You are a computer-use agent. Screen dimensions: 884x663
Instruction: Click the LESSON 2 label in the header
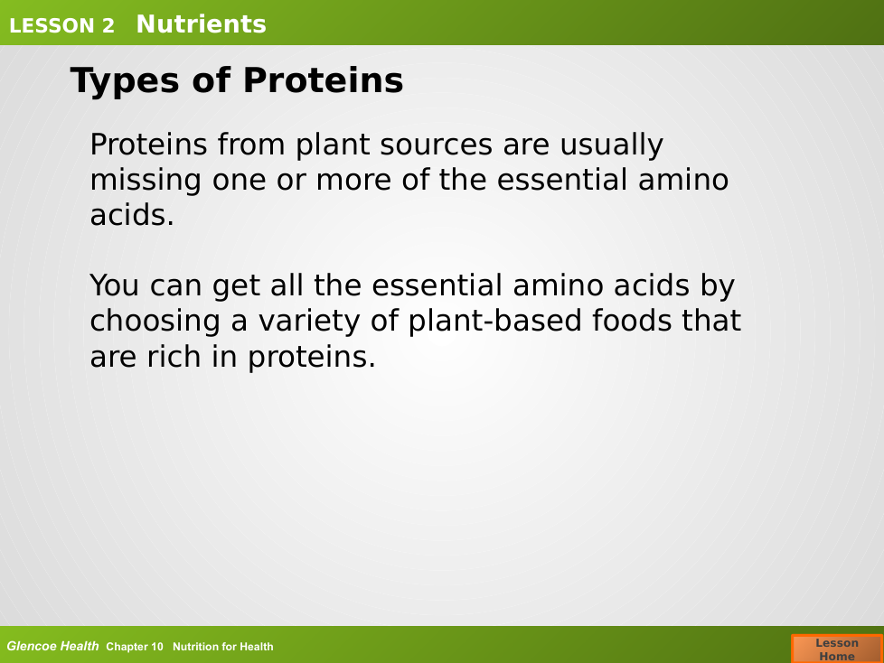[61, 25]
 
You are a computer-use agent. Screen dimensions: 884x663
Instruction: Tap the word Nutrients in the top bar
[201, 24]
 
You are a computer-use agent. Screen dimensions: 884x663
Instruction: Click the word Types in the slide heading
[125, 81]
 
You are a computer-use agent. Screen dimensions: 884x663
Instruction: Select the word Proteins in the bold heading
[323, 80]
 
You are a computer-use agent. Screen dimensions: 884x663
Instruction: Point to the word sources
[437, 145]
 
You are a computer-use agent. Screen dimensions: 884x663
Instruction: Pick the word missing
[146, 182]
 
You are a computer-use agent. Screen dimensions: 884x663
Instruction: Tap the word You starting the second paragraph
[115, 285]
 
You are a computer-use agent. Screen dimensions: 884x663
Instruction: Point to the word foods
[632, 321]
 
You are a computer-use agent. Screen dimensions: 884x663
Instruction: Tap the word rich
[174, 357]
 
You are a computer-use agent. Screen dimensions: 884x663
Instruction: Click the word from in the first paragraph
[251, 145]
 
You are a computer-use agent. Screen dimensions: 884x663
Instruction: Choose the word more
[353, 182]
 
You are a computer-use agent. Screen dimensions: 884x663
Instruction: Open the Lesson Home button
[837, 649]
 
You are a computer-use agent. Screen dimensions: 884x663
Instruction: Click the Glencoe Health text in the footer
[52, 646]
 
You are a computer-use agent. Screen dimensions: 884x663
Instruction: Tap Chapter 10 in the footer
[134, 647]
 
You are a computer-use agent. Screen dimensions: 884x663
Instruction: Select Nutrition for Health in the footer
[222, 647]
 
